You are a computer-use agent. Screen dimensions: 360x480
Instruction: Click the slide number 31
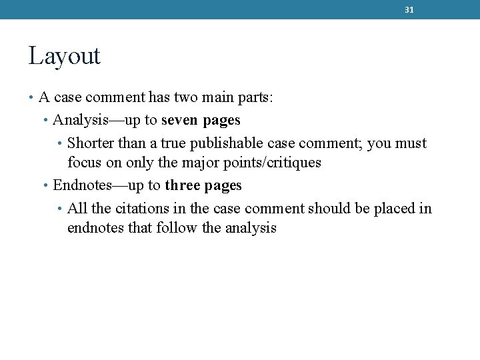[x=409, y=10]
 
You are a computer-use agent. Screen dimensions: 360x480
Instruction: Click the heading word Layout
[x=64, y=56]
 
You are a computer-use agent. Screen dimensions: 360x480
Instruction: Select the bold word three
[x=182, y=186]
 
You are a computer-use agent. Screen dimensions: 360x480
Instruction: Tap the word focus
[x=83, y=163]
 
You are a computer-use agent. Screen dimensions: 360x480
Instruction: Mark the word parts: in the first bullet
[x=255, y=98]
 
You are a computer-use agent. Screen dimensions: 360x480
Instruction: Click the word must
[x=411, y=143]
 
